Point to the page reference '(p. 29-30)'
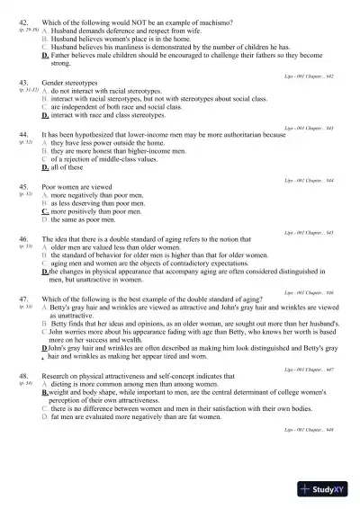coord(27,29)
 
